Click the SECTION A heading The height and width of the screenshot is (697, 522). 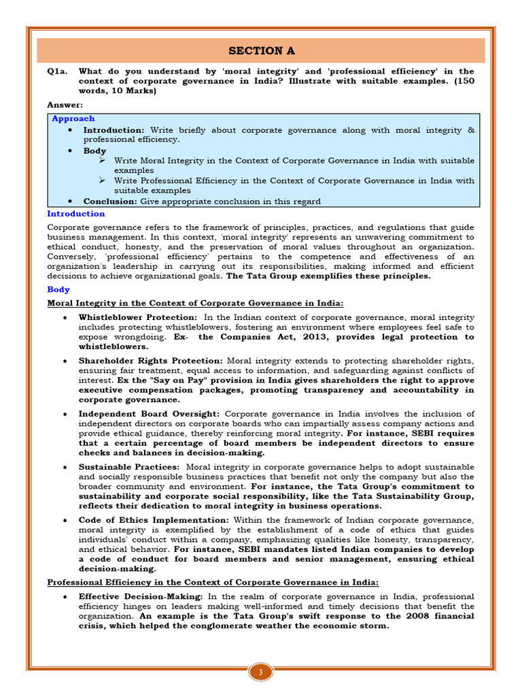pos(261,51)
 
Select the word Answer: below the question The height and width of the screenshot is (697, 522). pos(65,104)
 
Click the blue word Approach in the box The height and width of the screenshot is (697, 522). pos(73,118)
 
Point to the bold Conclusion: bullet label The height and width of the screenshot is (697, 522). pos(110,201)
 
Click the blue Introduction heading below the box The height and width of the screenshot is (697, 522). pos(75,214)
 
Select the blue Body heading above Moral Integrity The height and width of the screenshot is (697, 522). pos(58,289)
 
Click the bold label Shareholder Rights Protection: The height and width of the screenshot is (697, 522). pos(150,360)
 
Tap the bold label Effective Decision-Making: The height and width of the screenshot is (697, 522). pos(140,596)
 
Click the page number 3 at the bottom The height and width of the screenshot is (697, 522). pos(260,673)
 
